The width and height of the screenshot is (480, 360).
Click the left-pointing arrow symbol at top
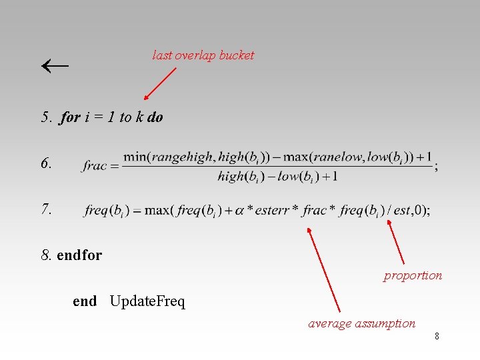[55, 66]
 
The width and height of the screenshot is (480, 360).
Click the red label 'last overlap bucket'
[203, 55]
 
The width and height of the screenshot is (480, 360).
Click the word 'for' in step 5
[70, 118]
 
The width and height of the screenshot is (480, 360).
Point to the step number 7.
[47, 209]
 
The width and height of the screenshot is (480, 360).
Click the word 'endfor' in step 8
[79, 255]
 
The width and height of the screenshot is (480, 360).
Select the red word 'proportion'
[413, 275]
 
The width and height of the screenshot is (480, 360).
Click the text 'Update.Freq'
[147, 301]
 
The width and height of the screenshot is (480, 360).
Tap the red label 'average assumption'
[361, 323]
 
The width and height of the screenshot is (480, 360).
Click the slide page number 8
[437, 337]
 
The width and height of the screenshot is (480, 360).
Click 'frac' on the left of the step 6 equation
[95, 166]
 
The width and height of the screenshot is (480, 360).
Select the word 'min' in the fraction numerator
[135, 157]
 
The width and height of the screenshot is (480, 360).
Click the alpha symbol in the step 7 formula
[239, 211]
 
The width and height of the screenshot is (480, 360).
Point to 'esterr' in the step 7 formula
[273, 211]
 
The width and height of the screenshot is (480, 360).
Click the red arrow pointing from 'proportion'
[396, 243]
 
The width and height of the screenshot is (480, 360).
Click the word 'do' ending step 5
[155, 118]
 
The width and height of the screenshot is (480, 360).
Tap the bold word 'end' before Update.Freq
[85, 301]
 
